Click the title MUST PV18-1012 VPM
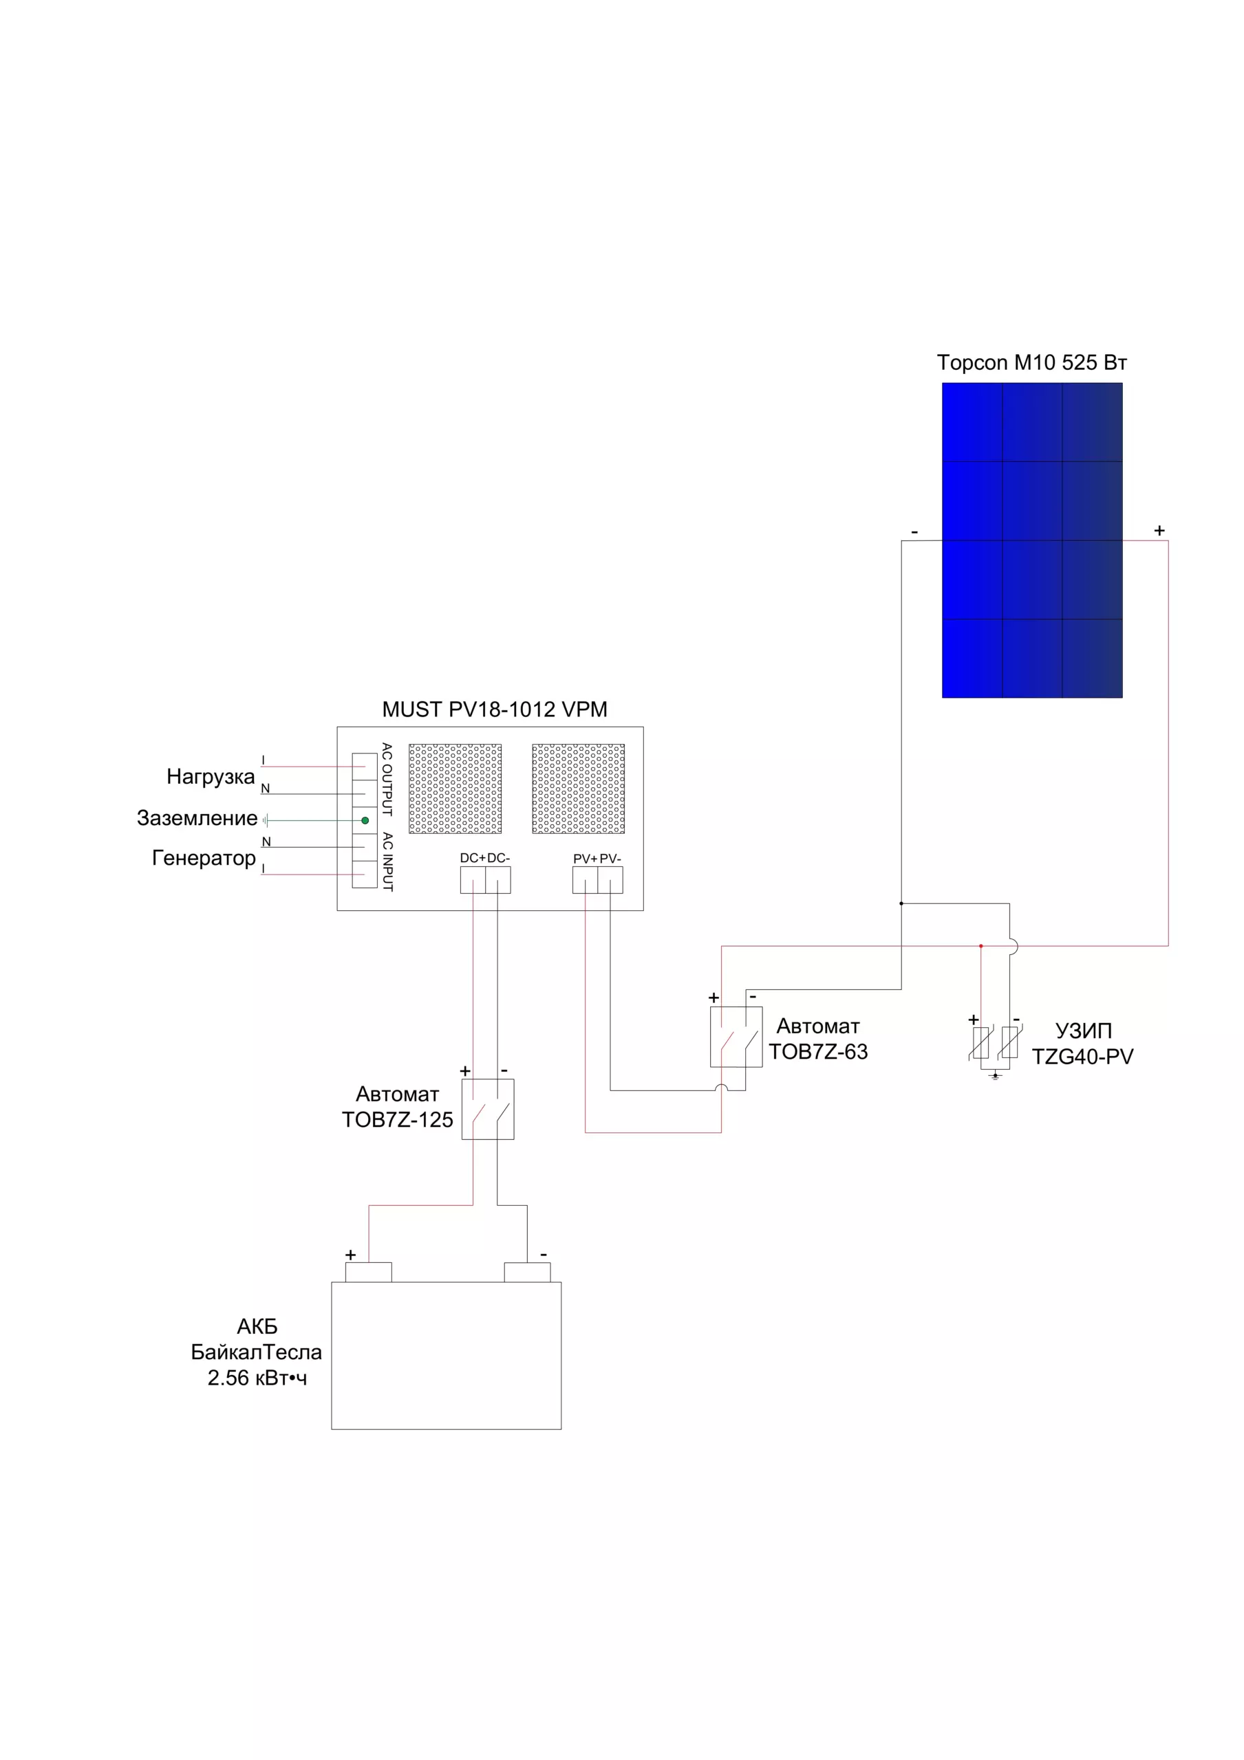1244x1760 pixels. click(x=495, y=709)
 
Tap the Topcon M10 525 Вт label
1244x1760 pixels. click(x=1031, y=362)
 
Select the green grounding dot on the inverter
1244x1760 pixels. click(x=365, y=820)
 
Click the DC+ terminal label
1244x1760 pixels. click(x=473, y=858)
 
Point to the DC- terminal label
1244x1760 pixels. click(x=499, y=858)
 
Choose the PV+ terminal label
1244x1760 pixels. click(x=585, y=859)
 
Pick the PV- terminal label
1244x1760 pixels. click(x=610, y=859)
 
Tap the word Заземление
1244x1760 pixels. click(x=197, y=818)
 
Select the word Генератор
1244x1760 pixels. click(x=204, y=858)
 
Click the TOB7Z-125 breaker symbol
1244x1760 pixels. click(x=488, y=1109)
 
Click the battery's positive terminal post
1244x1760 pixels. click(x=368, y=1272)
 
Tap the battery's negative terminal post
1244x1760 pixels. click(x=527, y=1272)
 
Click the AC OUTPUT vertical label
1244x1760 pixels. click(x=387, y=779)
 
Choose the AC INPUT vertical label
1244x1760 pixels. click(x=387, y=861)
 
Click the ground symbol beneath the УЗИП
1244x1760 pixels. click(x=996, y=1075)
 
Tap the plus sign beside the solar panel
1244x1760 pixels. click(x=1159, y=531)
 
